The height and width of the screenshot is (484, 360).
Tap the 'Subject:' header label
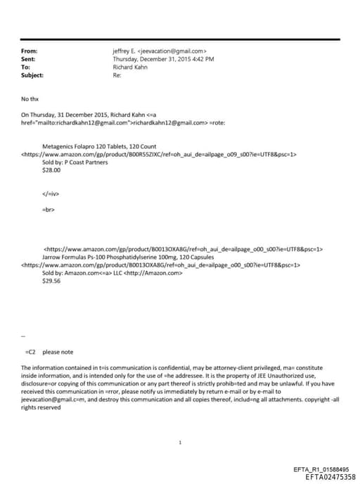32,75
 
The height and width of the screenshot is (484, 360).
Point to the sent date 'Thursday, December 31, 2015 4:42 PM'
163,59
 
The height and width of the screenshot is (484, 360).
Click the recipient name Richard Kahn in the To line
130,67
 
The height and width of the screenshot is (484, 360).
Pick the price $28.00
52,170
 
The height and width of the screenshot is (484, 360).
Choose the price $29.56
52,280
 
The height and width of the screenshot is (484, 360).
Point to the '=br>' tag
49,210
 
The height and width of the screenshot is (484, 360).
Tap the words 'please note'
58,352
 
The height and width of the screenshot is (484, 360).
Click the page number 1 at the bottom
181,442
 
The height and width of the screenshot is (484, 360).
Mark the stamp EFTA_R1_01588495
321,469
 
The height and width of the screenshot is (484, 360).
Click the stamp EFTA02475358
326,477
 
